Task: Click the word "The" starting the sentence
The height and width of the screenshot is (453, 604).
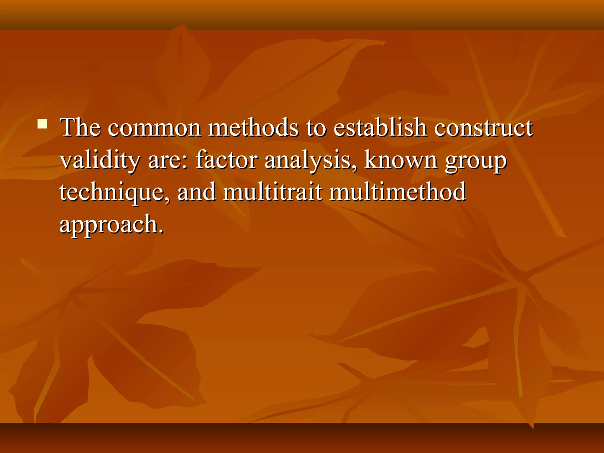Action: pos(80,127)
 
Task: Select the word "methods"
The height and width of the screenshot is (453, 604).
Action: pos(253,127)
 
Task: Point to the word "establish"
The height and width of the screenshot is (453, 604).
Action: pos(380,127)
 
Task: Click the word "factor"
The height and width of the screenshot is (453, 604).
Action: pos(226,160)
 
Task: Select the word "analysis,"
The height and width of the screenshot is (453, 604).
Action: pos(311,160)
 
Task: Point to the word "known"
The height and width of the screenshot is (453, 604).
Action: pos(401,160)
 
